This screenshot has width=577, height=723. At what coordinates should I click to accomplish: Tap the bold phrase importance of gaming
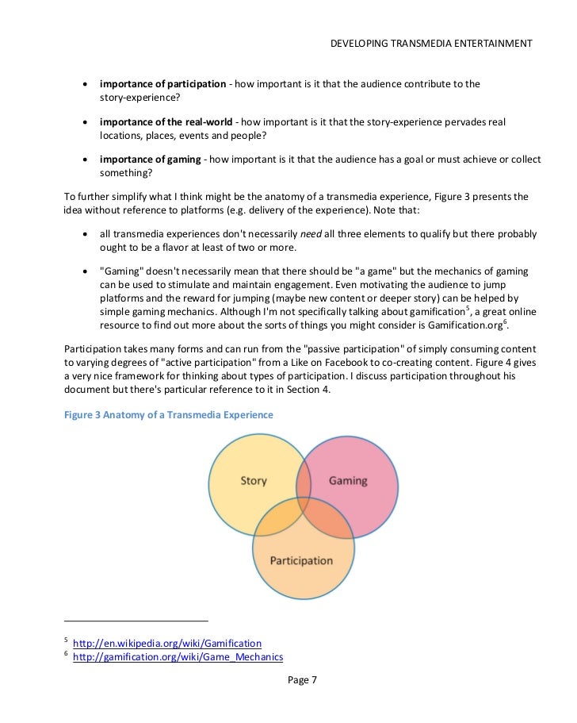coord(150,160)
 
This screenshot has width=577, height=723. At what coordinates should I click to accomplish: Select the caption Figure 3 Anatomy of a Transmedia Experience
coord(168,414)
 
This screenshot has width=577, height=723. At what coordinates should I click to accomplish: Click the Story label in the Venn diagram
coord(253,481)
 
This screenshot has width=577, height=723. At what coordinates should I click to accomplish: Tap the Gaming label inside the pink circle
coord(348,481)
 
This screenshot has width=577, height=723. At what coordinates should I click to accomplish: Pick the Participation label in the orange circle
coord(301,560)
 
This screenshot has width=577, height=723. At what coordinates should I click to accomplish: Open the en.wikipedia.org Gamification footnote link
coord(167,642)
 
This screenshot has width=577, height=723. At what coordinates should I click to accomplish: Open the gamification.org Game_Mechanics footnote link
coord(178,657)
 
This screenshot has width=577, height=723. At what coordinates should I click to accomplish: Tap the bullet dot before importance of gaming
coord(86,161)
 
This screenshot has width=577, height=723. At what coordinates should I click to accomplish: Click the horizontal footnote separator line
coord(136,619)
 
